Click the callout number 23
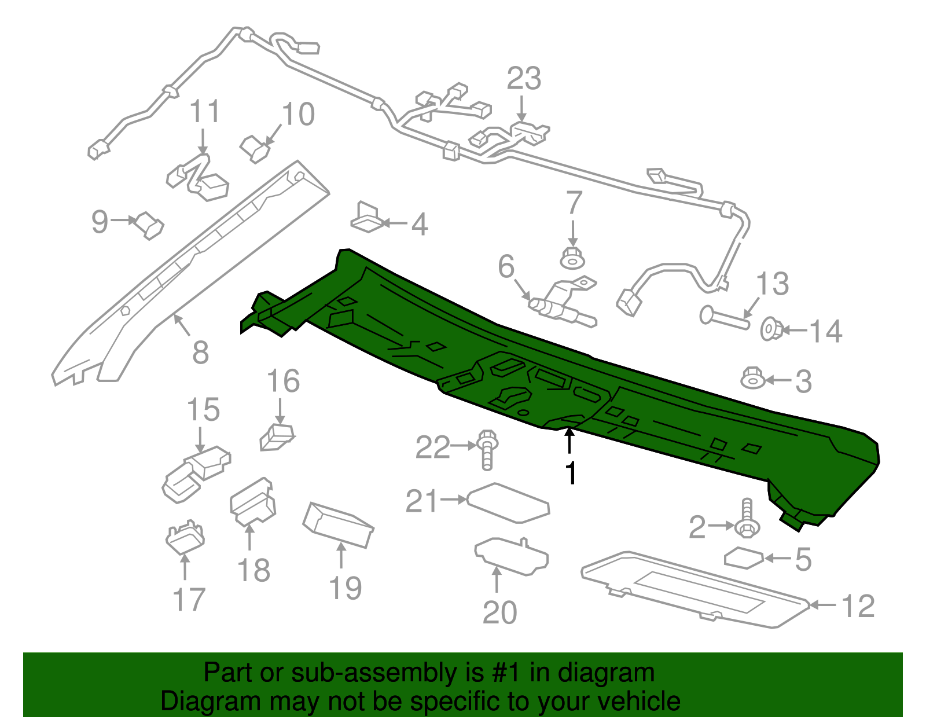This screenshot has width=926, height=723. [x=524, y=79]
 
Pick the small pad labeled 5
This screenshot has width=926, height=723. [x=744, y=557]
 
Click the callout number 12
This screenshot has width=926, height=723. [x=857, y=606]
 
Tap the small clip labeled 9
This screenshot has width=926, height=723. [x=149, y=225]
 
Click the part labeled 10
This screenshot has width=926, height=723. [x=255, y=148]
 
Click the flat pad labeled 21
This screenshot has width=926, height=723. [x=508, y=502]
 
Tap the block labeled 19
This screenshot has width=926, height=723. [x=339, y=524]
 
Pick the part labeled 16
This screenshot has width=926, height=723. [x=277, y=437]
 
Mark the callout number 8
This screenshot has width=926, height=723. [x=200, y=352]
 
